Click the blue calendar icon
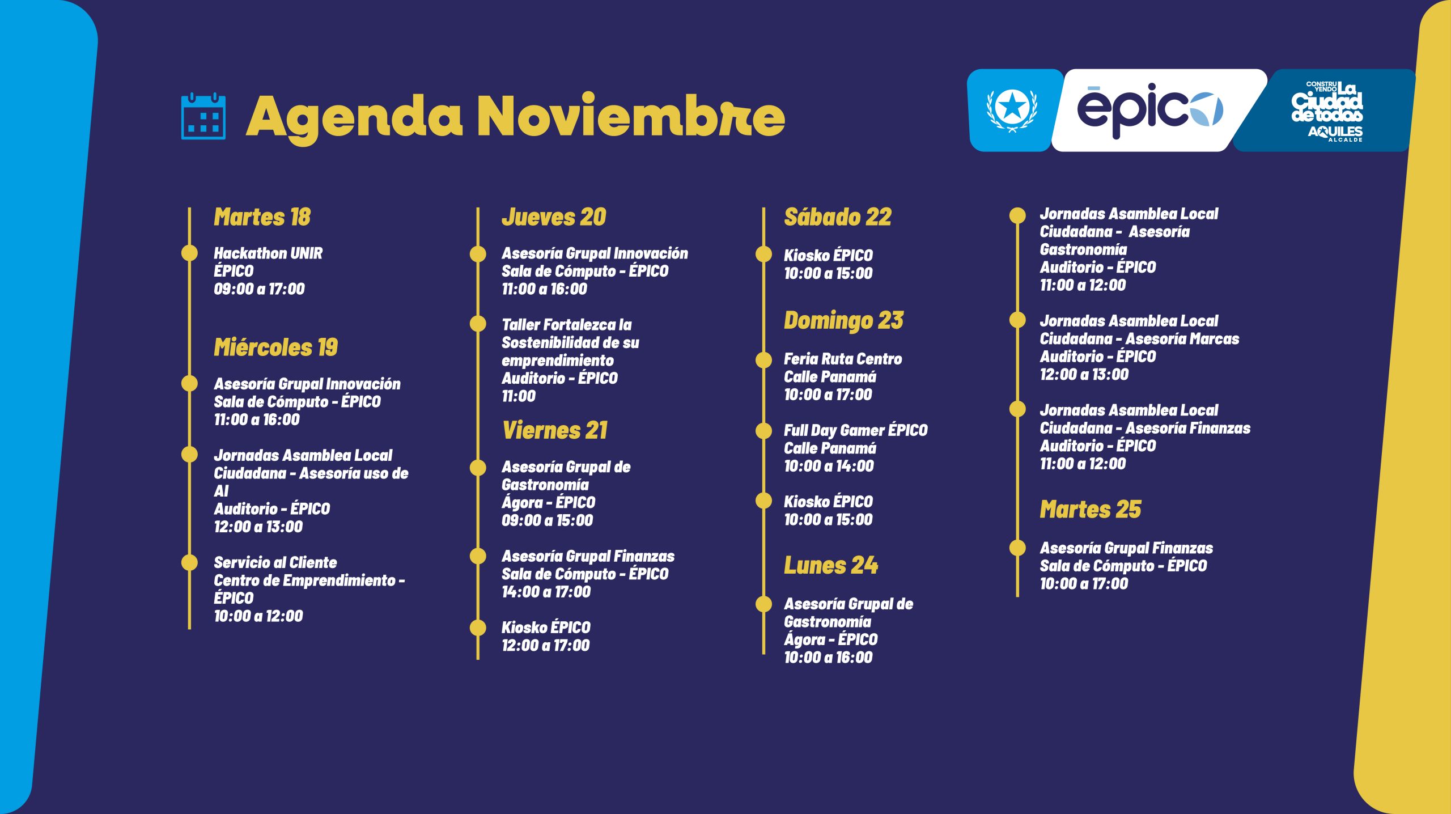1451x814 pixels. coord(203,116)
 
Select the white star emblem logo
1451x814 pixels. coord(1012,109)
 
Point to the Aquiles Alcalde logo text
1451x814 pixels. coord(1335,134)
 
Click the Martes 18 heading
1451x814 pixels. coord(262,217)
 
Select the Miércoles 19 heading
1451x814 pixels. coord(275,347)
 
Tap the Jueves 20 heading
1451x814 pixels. coord(554,217)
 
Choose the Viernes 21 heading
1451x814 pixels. coord(554,430)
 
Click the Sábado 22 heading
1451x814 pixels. coord(837,217)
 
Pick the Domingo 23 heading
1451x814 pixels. coord(843,321)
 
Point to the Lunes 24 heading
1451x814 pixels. coord(830,565)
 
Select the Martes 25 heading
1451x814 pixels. coord(1090,510)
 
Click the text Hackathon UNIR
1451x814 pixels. coord(268,253)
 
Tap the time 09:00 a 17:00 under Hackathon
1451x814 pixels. coord(259,289)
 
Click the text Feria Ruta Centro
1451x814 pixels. coord(842,359)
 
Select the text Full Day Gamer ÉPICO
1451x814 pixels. coord(855,431)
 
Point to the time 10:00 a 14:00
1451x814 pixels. coord(829,467)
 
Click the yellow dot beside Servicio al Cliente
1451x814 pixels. coord(189,562)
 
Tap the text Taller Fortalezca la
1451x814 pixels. coord(566,325)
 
